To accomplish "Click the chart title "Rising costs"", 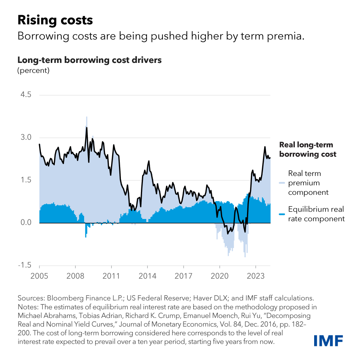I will pos(55,20).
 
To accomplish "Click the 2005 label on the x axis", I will pos(39,275).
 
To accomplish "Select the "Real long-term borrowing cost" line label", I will pos(307,149).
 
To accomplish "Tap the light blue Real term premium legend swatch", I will pos(282,183).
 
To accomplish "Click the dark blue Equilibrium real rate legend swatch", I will pos(282,214).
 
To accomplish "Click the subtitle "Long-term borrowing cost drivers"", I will pos(89,60).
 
